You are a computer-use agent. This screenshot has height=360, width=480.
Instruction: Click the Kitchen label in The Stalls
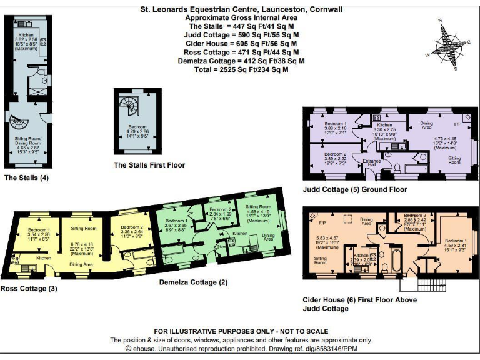[26, 35]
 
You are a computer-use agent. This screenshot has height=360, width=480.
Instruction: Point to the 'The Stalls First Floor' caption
[149, 165]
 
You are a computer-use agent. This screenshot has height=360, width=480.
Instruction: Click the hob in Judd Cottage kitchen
[378, 117]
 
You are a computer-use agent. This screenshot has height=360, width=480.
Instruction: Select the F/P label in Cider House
[322, 223]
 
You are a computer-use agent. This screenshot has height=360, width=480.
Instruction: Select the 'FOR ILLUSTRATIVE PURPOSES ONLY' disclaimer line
[241, 331]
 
